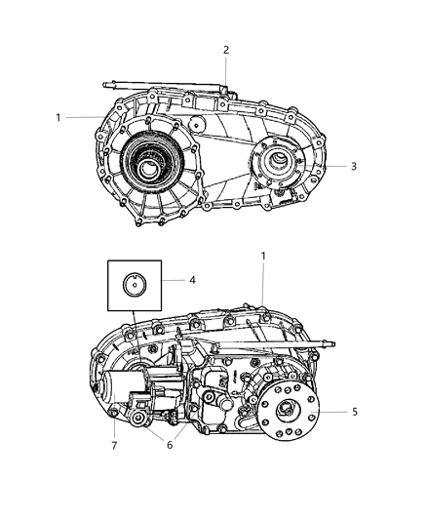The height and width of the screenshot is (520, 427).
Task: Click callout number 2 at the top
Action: [x=225, y=50]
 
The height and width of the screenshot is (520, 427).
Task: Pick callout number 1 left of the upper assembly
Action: [x=59, y=117]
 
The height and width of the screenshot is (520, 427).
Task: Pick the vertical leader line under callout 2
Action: [x=225, y=70]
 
